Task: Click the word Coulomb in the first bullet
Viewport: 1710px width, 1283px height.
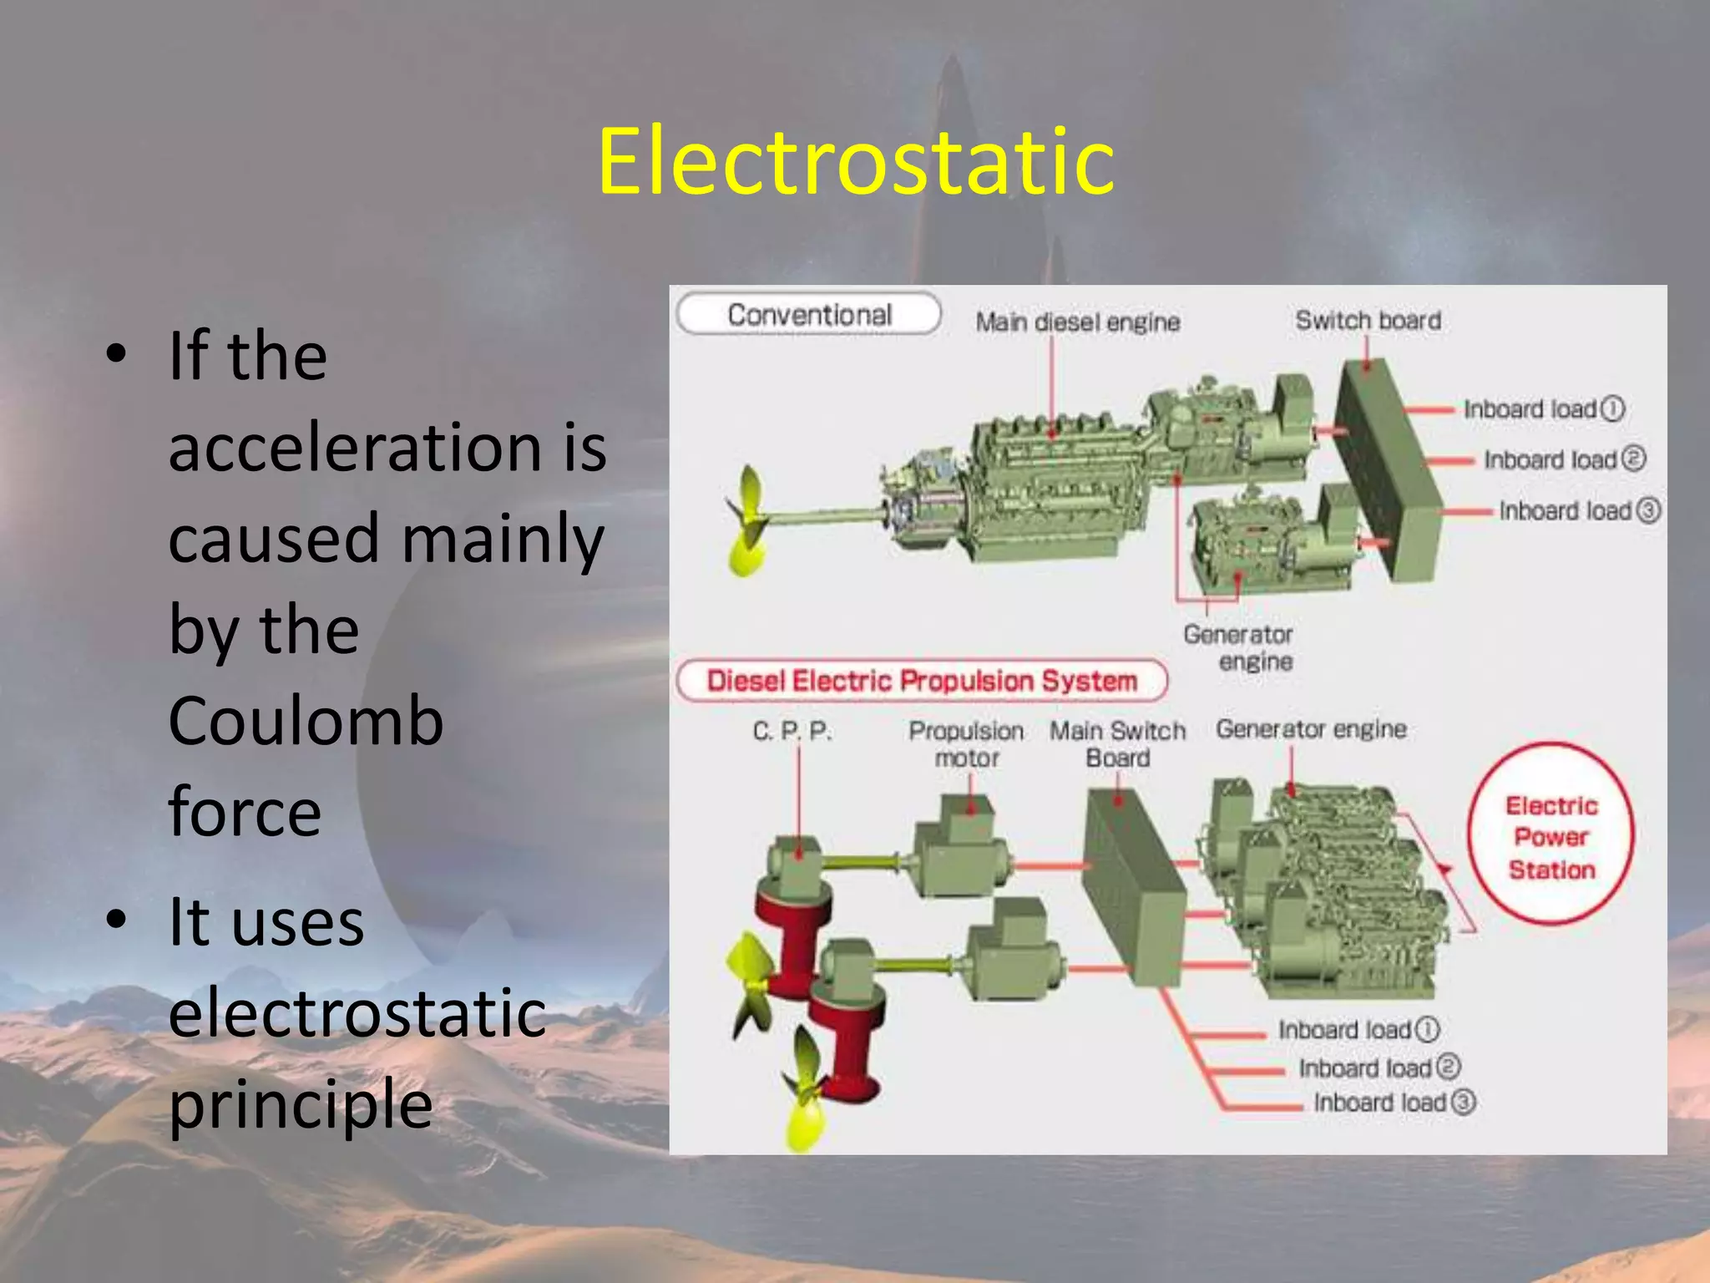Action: point(306,721)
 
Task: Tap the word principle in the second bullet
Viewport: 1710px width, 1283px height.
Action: point(301,1103)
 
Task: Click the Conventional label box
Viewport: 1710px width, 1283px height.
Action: point(808,315)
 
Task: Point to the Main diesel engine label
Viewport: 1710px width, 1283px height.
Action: point(1077,322)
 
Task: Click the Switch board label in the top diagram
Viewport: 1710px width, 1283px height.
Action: point(1368,321)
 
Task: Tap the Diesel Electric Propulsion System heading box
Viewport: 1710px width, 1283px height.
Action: point(921,681)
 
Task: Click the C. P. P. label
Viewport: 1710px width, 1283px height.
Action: point(792,732)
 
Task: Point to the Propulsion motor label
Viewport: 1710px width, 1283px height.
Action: point(966,744)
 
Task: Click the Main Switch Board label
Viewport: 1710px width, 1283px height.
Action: point(1117,744)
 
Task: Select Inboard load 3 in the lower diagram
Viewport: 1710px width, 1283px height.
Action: point(1394,1103)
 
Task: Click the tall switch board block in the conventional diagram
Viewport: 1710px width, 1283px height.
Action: point(1386,468)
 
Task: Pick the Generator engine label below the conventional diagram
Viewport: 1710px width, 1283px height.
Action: point(1239,647)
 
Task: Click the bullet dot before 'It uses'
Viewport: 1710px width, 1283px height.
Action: point(117,919)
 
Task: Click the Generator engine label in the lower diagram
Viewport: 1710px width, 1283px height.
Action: point(1311,729)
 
